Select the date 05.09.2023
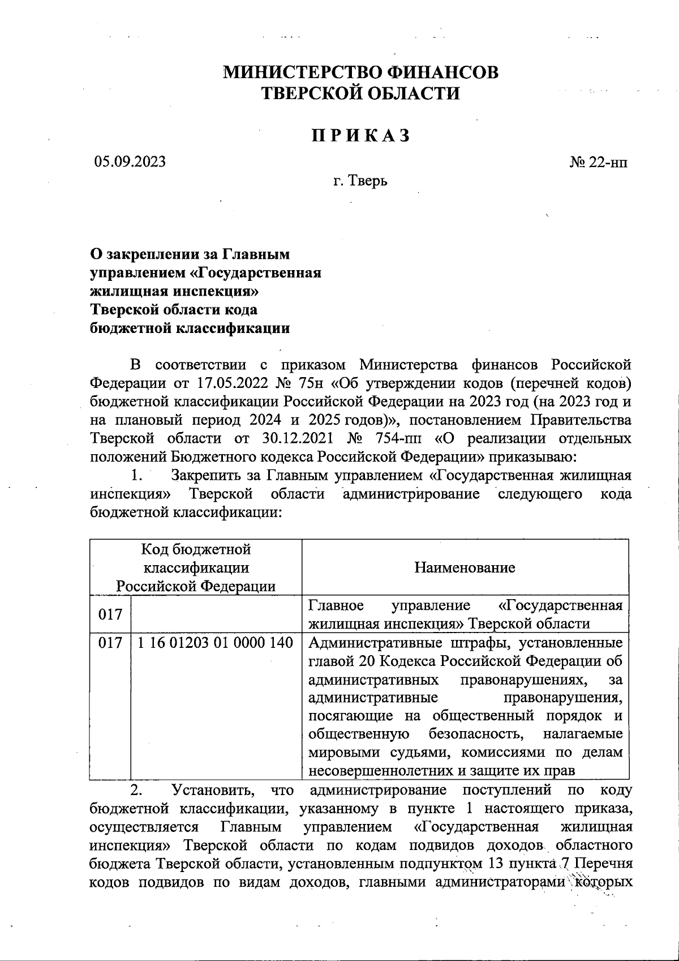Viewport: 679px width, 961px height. pos(130,162)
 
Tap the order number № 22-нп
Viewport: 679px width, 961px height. pos(598,163)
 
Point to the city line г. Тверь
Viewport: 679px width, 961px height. pos(360,182)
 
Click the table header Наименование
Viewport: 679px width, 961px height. pos(465,567)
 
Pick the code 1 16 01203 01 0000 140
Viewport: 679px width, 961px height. pos(215,643)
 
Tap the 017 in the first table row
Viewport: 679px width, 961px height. pos(110,614)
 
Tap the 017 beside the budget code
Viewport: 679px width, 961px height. pos(110,643)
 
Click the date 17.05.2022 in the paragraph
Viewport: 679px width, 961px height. pos(234,383)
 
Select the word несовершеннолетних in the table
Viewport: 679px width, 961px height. pos(380,771)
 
